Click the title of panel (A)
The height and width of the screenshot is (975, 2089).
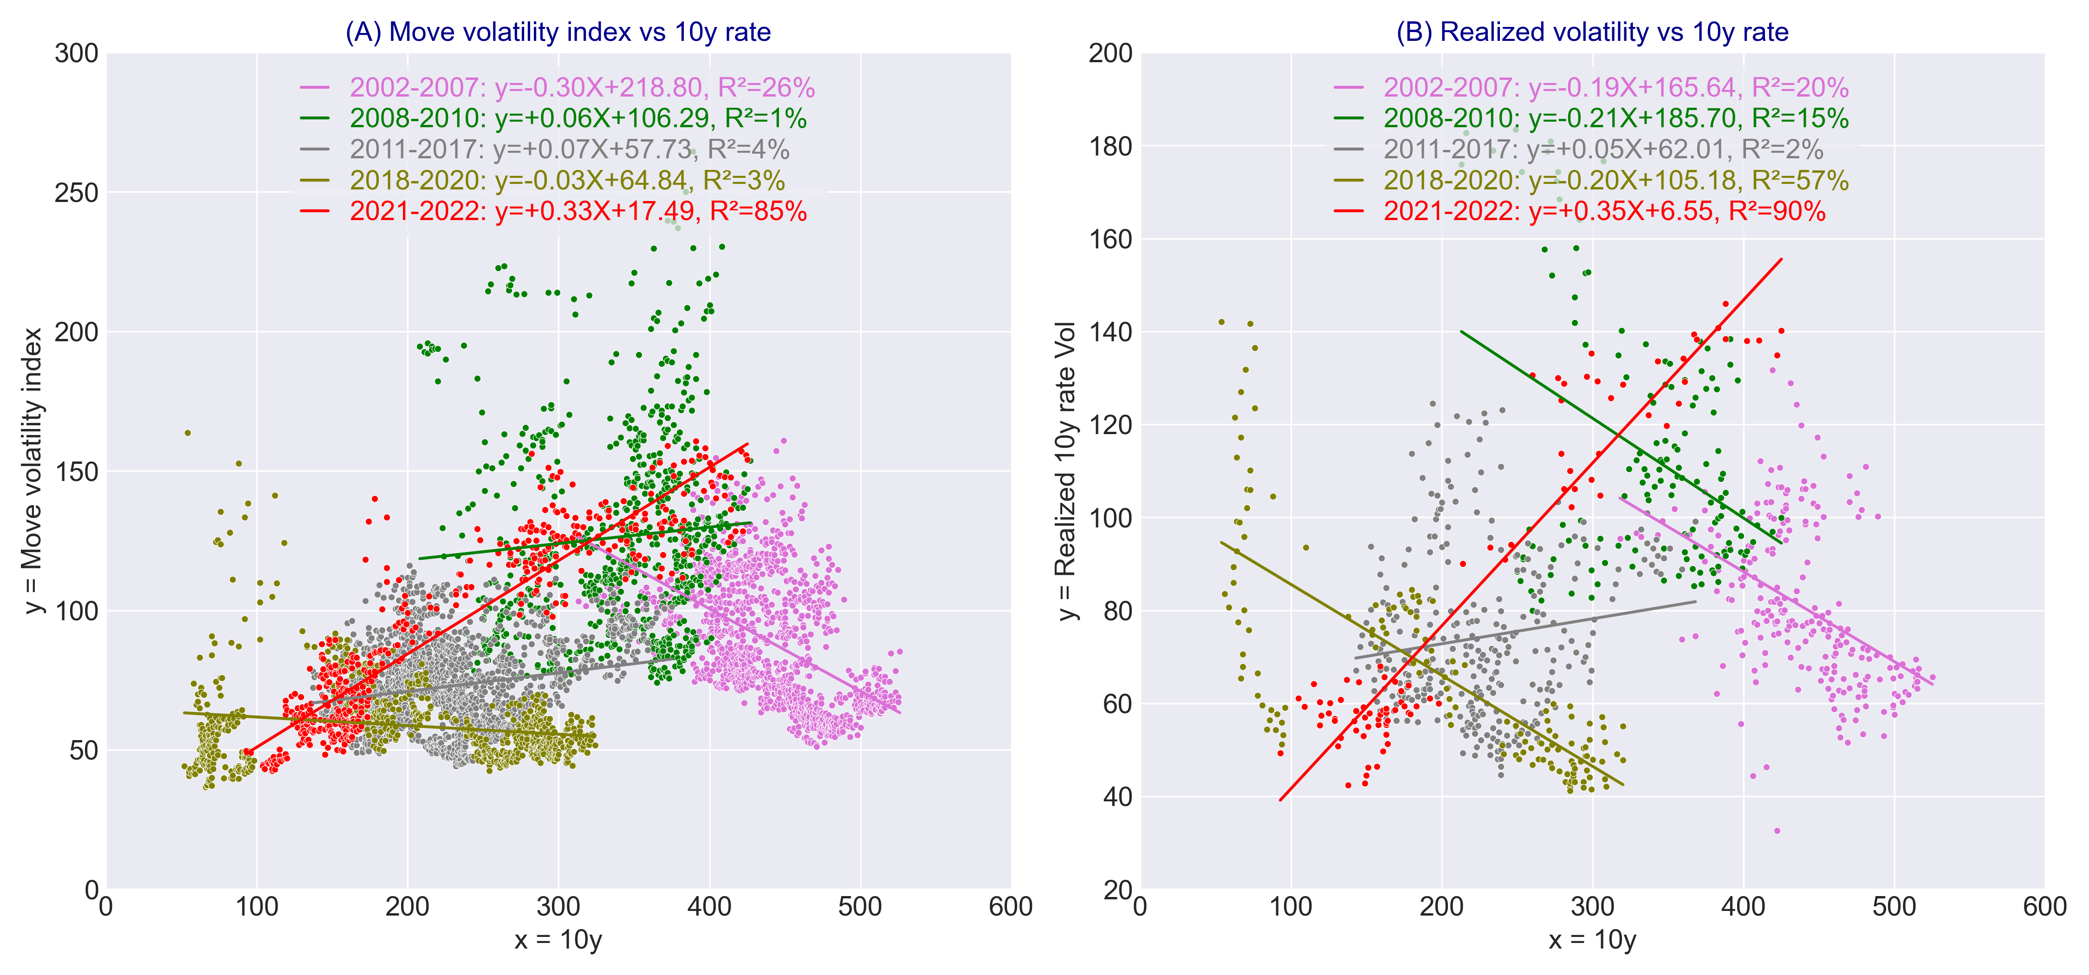pos(558,32)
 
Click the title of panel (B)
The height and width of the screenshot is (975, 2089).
pos(1592,32)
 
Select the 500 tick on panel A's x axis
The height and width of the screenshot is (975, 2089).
pos(860,907)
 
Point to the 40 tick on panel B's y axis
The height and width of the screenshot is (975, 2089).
pos(1117,797)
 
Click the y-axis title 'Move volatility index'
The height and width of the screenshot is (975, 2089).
pos(32,470)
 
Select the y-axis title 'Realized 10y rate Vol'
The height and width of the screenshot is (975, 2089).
pos(1066,470)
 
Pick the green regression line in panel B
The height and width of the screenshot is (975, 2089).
pos(1622,438)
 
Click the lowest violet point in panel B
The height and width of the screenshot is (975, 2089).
pos(1777,831)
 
